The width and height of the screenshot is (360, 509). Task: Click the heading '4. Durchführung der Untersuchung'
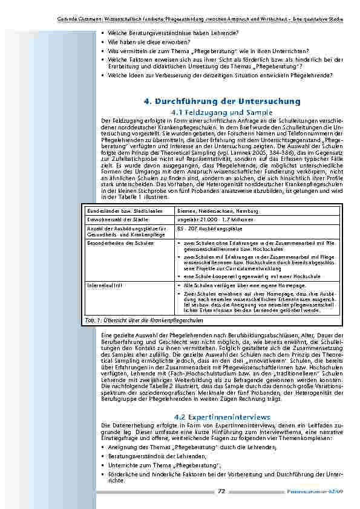click(222, 101)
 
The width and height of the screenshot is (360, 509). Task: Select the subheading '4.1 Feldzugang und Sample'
click(222, 112)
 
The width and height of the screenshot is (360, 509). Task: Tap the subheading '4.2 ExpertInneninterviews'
click(222, 417)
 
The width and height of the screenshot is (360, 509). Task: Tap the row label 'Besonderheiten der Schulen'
click(113, 243)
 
